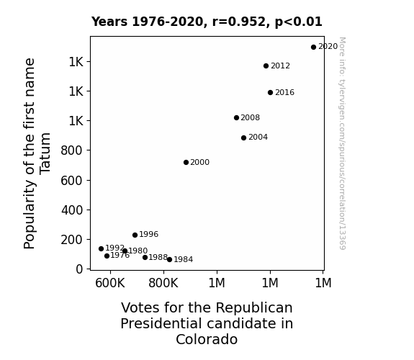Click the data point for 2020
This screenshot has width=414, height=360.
[x=313, y=48]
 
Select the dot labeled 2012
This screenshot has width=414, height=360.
[x=266, y=66]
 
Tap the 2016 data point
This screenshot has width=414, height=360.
[x=270, y=92]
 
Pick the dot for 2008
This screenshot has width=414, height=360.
[x=236, y=118]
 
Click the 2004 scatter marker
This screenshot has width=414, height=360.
[x=243, y=138]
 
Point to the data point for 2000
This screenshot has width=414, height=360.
[x=186, y=163]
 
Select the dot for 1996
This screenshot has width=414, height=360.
[x=135, y=235]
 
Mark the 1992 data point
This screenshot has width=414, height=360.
[x=101, y=249]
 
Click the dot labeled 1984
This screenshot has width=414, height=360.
[x=169, y=260]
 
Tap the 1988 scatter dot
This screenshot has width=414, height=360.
[x=145, y=258]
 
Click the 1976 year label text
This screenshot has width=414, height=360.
[x=120, y=256]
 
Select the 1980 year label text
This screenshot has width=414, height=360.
[x=138, y=251]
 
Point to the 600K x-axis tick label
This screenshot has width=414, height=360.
[x=110, y=283]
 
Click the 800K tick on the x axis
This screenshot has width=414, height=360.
[x=163, y=283]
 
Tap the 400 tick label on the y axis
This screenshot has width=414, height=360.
[x=72, y=210]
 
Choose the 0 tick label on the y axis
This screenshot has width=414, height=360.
[x=79, y=269]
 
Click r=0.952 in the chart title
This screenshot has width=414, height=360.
[x=239, y=22]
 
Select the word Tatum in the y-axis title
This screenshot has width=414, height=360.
[x=45, y=153]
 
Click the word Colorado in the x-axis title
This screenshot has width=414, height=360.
[x=207, y=339]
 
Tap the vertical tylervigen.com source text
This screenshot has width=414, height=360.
[x=342, y=143]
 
